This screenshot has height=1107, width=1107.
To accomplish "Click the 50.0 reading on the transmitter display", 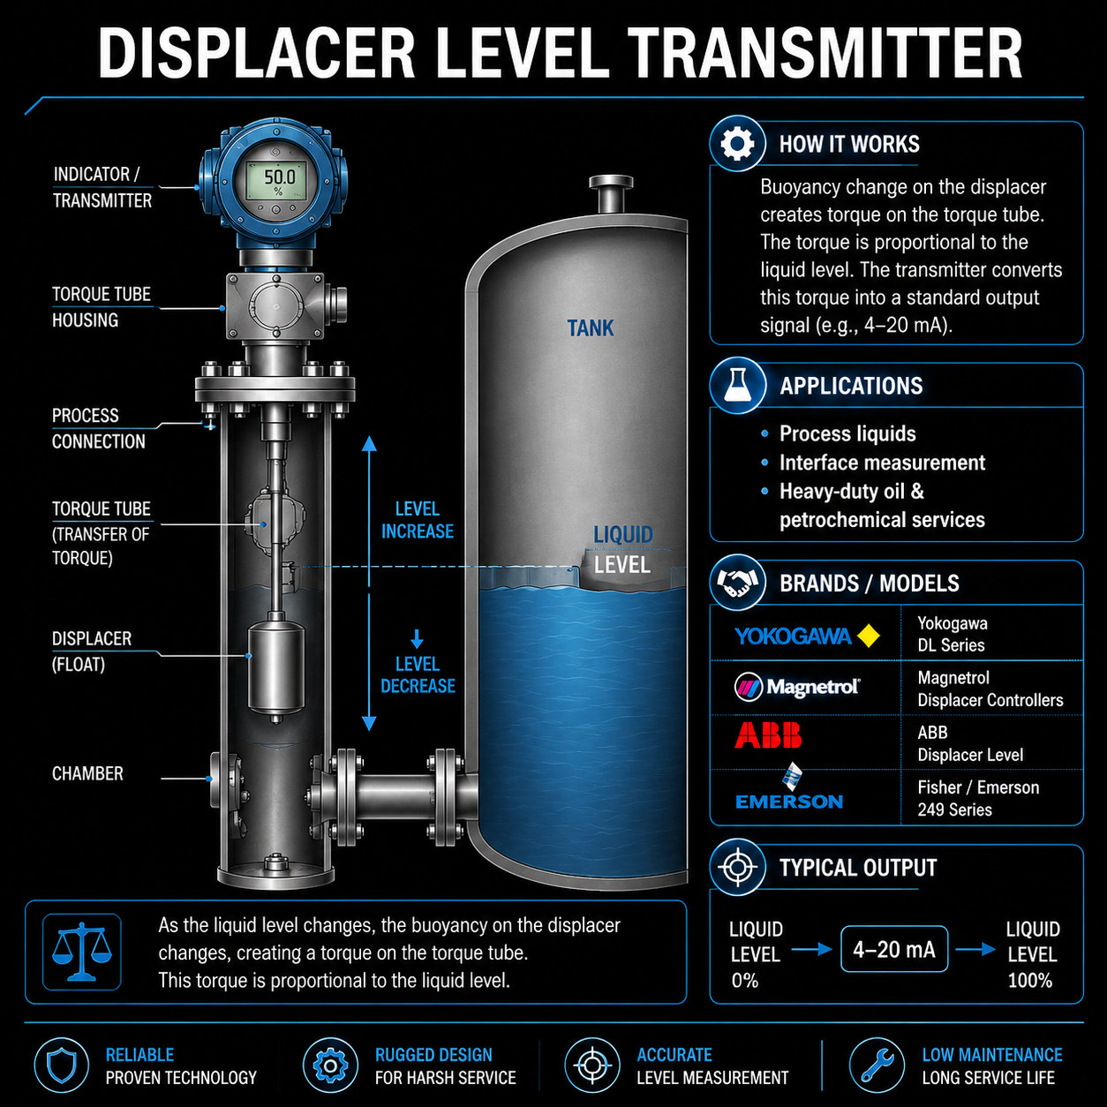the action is click(x=279, y=177).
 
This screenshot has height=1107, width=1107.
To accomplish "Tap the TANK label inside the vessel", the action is click(x=591, y=328).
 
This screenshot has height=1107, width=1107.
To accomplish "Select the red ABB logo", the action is click(x=768, y=734).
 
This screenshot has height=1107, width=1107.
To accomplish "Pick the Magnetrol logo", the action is click(x=797, y=687).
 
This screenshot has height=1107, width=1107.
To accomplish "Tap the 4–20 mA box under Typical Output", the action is click(x=894, y=949).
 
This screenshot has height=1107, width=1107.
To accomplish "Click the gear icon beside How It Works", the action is click(x=738, y=144).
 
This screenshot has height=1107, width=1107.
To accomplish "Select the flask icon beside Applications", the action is click(x=738, y=386).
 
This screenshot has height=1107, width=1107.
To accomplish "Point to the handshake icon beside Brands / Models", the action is click(x=738, y=583).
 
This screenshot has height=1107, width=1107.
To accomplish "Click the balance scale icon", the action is click(x=81, y=952).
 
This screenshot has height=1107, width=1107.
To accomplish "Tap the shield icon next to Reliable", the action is click(x=62, y=1065).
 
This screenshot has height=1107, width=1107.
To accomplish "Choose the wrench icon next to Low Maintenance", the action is click(x=877, y=1065).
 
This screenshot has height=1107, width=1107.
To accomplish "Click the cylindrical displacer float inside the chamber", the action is click(x=276, y=668).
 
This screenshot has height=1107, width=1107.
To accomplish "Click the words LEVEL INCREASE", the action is click(x=418, y=520).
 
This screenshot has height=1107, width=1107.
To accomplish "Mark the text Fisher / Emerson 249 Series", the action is click(x=978, y=798).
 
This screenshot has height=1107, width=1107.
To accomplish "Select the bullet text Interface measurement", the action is click(x=882, y=463).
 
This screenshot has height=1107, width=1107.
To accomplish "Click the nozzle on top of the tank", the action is click(x=611, y=194).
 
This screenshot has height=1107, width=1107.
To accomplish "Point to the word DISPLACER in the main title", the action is click(x=256, y=53).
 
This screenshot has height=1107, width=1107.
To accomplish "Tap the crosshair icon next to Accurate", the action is click(x=592, y=1065).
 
